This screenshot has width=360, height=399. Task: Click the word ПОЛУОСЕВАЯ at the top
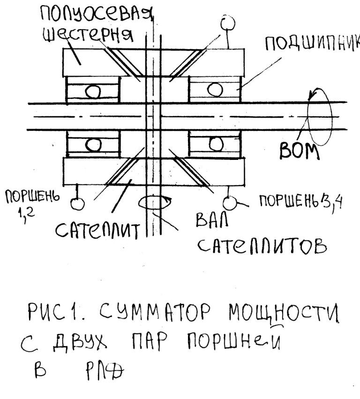[x=97, y=15]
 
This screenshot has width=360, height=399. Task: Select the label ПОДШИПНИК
[x=313, y=43]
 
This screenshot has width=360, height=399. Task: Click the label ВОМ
[x=299, y=151]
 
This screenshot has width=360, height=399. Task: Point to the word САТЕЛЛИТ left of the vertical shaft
[x=97, y=230]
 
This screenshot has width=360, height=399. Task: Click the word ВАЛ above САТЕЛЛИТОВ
[x=212, y=220]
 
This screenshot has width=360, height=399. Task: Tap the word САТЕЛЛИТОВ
[x=262, y=246]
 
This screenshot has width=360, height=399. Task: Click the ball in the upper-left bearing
[x=93, y=91]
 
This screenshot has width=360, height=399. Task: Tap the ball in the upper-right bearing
[x=215, y=90]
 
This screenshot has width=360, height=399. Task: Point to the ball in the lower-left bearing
[x=93, y=144]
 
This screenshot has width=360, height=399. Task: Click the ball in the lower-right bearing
[x=216, y=143]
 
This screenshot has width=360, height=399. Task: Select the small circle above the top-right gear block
[x=228, y=23]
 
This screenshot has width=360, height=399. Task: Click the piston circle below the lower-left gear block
[x=77, y=203]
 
